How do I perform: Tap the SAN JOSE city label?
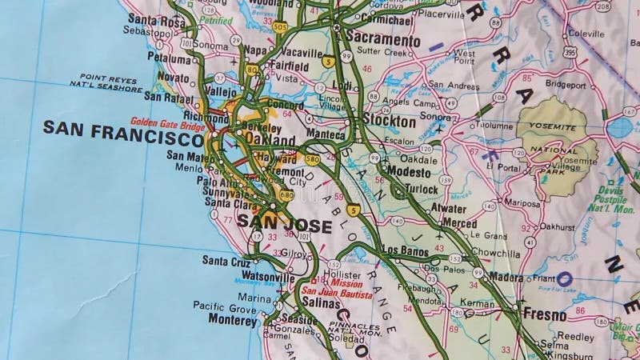point(285,226)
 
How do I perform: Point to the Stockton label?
point(389,122)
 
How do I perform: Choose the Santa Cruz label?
point(226,260)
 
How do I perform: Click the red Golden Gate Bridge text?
point(169,123)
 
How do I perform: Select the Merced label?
point(458,223)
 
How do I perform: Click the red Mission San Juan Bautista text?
point(336,290)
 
